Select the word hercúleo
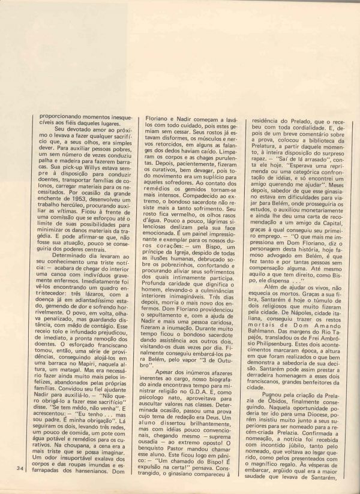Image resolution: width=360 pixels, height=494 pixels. pyautogui.click(x=61, y=222)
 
